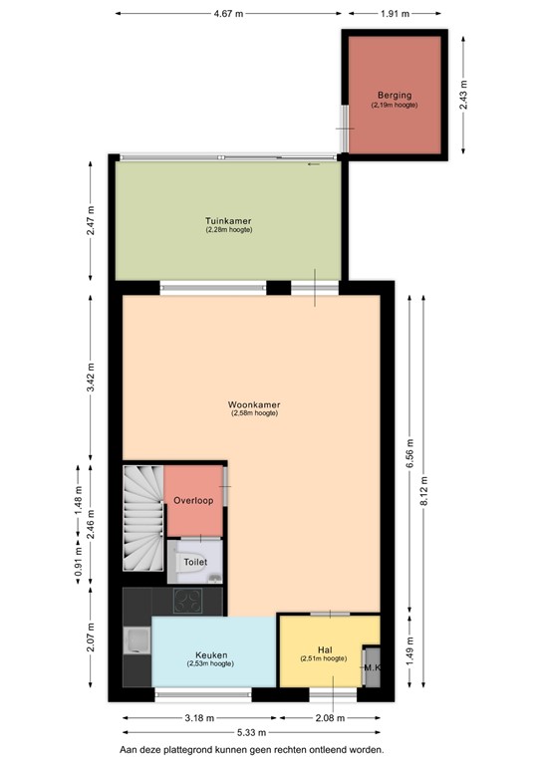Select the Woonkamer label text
[x=253, y=405]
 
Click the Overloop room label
[x=192, y=500]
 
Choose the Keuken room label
[x=211, y=655]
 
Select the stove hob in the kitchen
[x=187, y=600]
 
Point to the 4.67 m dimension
[x=228, y=14]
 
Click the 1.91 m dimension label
[x=394, y=14]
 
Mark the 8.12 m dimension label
[x=426, y=491]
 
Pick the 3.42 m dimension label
[x=91, y=381]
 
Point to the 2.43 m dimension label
[x=463, y=93]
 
